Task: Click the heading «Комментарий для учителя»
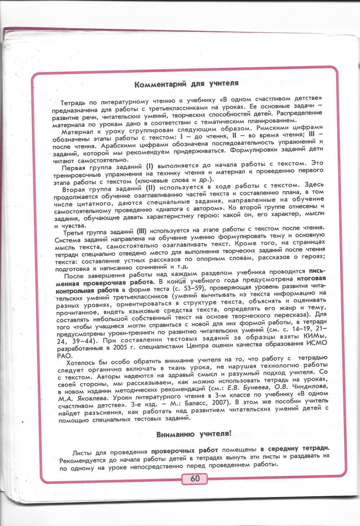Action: click(x=186, y=84)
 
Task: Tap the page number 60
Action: click(x=195, y=478)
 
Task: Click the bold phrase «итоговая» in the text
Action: click(x=311, y=278)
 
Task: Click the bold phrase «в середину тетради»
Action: click(x=294, y=448)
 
